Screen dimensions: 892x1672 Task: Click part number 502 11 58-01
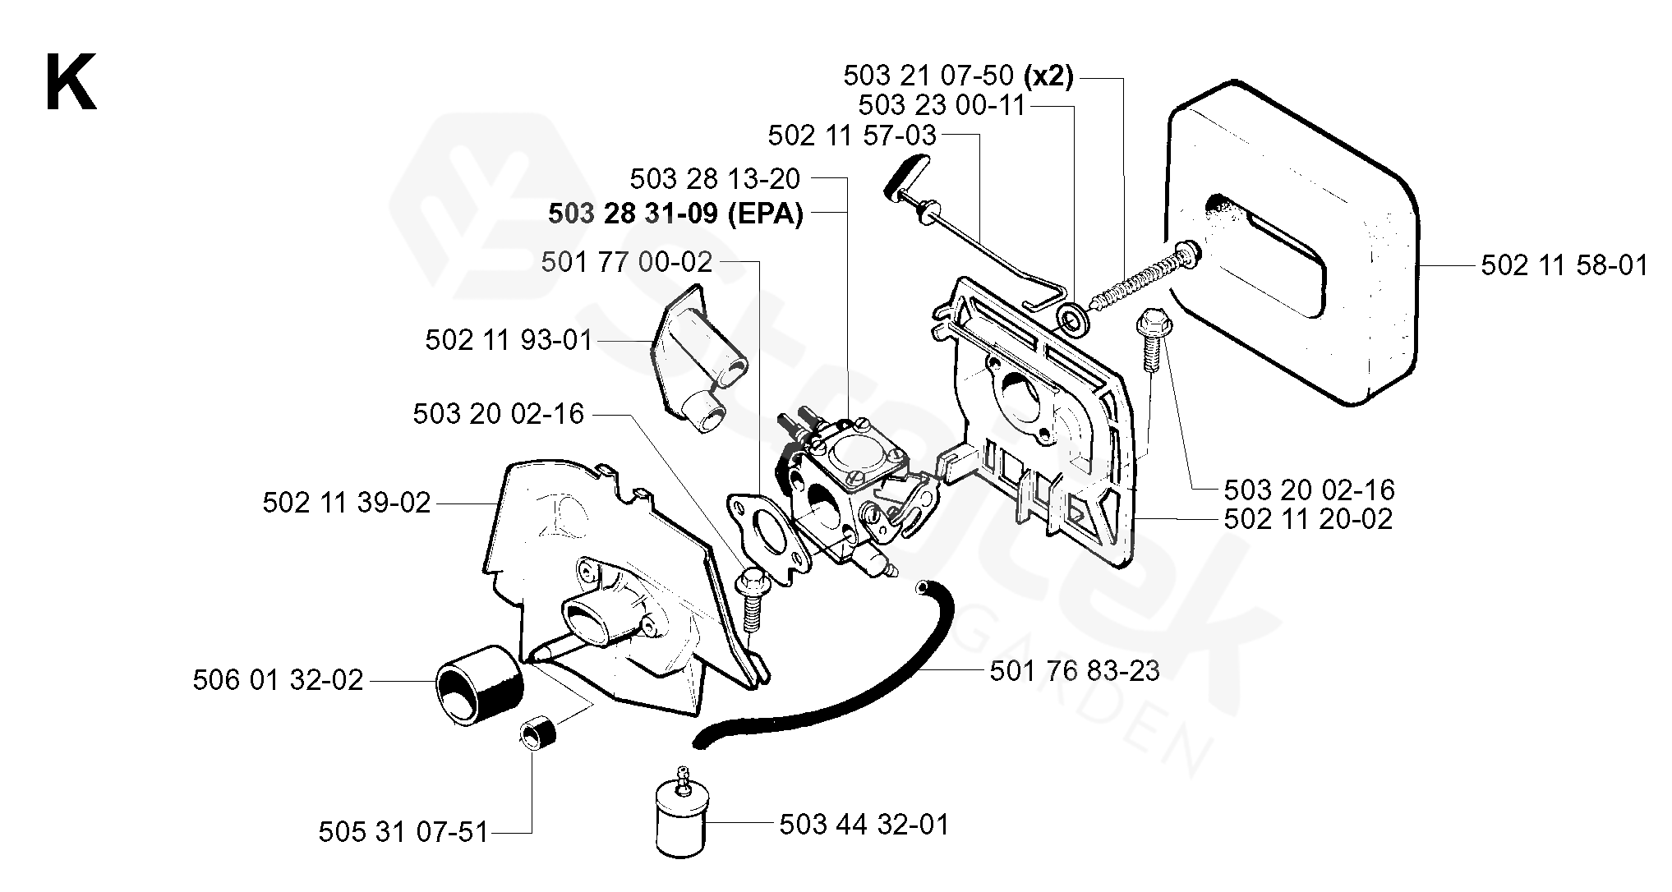(1564, 265)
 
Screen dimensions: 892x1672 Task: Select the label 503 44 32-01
(864, 824)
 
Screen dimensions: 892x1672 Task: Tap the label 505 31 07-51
(403, 832)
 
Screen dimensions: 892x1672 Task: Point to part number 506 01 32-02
(278, 681)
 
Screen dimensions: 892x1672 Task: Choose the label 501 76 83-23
(1074, 671)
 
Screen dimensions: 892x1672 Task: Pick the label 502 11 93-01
(509, 340)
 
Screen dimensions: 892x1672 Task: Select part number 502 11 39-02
(347, 503)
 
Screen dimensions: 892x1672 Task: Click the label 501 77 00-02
(626, 262)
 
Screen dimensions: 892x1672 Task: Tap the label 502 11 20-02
(1308, 519)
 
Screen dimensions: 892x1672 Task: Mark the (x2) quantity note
(1048, 76)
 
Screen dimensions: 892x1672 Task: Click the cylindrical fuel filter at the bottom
(682, 821)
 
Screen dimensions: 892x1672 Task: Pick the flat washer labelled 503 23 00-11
(1069, 317)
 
